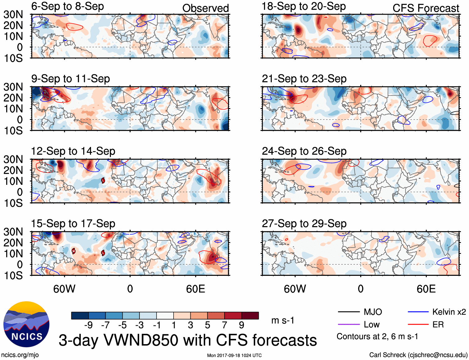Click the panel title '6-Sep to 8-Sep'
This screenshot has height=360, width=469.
pyautogui.click(x=67, y=7)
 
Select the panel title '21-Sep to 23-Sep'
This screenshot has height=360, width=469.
pyautogui.click(x=304, y=79)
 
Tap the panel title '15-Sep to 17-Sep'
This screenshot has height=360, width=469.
pyautogui.click(x=73, y=224)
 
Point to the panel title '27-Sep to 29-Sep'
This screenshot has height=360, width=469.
pyautogui.click(x=304, y=224)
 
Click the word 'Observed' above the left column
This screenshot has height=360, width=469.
pyautogui.click(x=205, y=8)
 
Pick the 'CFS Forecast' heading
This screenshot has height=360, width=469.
pyautogui.click(x=426, y=8)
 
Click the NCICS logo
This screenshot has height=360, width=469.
pyautogui.click(x=26, y=324)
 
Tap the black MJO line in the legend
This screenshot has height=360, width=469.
pyautogui.click(x=348, y=312)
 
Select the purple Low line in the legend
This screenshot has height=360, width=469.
pyautogui.click(x=348, y=325)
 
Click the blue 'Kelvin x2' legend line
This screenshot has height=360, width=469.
pyautogui.click(x=418, y=312)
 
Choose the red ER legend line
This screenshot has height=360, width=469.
pyautogui.click(x=418, y=325)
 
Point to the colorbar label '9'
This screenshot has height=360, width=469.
pyautogui.click(x=241, y=325)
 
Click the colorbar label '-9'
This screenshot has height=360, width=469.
pyautogui.click(x=88, y=325)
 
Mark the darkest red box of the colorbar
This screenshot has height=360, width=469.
pyautogui.click(x=250, y=316)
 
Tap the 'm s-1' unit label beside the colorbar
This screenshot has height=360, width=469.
pyautogui.click(x=283, y=321)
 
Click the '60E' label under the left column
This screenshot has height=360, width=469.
pyautogui.click(x=195, y=289)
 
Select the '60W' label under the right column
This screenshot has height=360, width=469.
pyautogui.click(x=295, y=289)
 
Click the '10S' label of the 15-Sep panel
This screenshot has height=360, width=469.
pyautogui.click(x=13, y=276)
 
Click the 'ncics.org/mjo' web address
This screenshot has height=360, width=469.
pyautogui.click(x=20, y=355)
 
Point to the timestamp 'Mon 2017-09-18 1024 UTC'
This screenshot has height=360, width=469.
pyautogui.click(x=234, y=355)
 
